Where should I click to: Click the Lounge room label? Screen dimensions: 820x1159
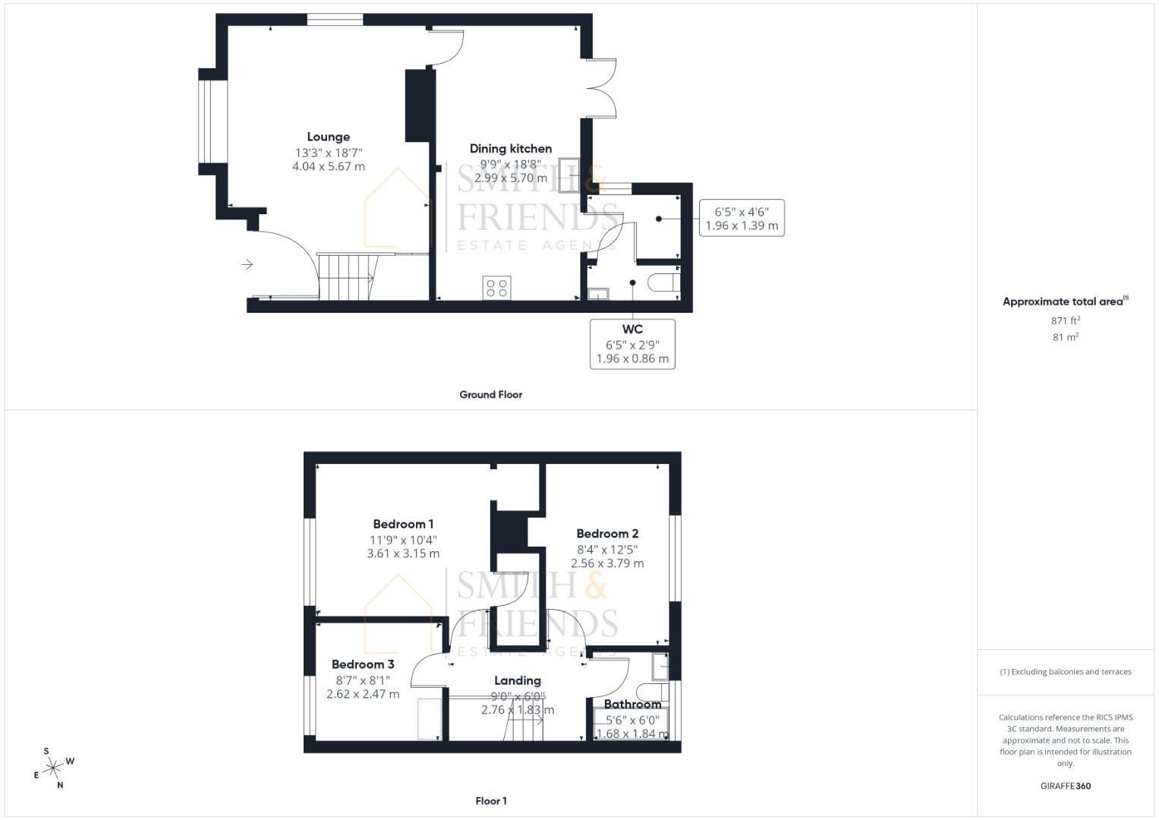click(328, 137)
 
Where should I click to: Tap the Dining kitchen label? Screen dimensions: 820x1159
click(510, 149)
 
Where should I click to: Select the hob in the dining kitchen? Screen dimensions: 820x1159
click(497, 288)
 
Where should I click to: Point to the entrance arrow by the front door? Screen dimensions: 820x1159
click(247, 264)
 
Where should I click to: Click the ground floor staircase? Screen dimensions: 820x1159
click(348, 277)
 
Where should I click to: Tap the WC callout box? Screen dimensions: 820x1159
click(632, 344)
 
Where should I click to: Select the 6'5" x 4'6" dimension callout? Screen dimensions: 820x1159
click(742, 219)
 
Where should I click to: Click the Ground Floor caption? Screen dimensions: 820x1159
click(490, 395)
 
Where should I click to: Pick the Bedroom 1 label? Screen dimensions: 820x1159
click(403, 525)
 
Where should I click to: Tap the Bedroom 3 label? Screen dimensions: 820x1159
click(363, 665)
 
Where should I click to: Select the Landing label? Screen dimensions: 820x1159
click(518, 681)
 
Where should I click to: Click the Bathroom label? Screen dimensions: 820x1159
click(632, 705)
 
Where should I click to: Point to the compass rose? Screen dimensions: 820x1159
click(53, 768)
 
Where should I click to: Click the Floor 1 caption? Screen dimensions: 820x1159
click(490, 801)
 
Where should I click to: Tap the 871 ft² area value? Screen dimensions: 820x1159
click(1065, 321)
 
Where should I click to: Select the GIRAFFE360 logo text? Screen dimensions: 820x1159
click(1065, 786)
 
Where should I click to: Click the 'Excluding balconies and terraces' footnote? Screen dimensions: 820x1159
click(1065, 672)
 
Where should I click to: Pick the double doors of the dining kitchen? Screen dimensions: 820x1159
click(601, 87)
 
